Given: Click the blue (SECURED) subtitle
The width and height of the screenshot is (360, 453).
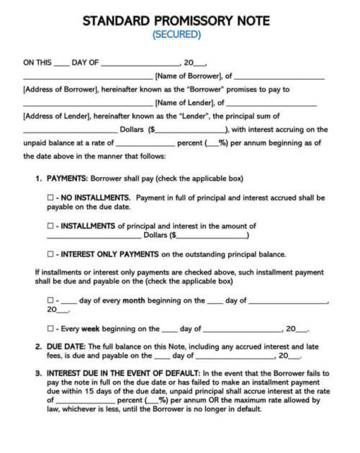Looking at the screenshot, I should [x=177, y=34].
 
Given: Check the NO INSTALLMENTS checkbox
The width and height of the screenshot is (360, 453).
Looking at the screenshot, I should [x=50, y=197].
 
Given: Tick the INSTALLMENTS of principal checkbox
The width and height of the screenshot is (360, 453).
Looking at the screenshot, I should [x=50, y=226].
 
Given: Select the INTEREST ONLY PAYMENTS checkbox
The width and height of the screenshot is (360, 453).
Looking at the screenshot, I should [x=50, y=254].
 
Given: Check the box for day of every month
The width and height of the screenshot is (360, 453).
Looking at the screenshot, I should [x=50, y=300].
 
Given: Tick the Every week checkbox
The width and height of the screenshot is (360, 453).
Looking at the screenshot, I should [x=50, y=328].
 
